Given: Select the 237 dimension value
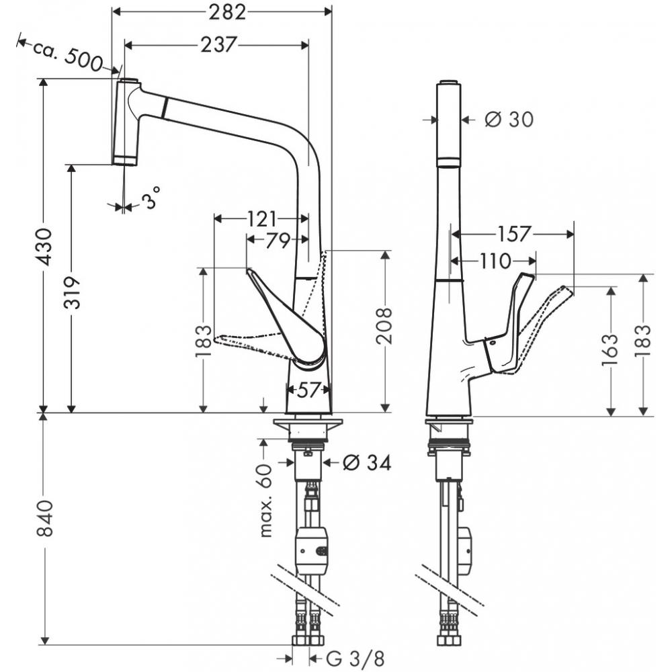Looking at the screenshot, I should pos(218,44).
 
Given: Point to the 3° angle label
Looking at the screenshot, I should pos(152,198).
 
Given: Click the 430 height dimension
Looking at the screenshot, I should pos(43,246).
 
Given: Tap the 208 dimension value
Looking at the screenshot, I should pos(384,326).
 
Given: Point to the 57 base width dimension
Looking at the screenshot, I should pos(308,389).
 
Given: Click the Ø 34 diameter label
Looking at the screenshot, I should pos(366,462).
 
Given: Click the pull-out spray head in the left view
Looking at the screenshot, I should pos(126,122).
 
